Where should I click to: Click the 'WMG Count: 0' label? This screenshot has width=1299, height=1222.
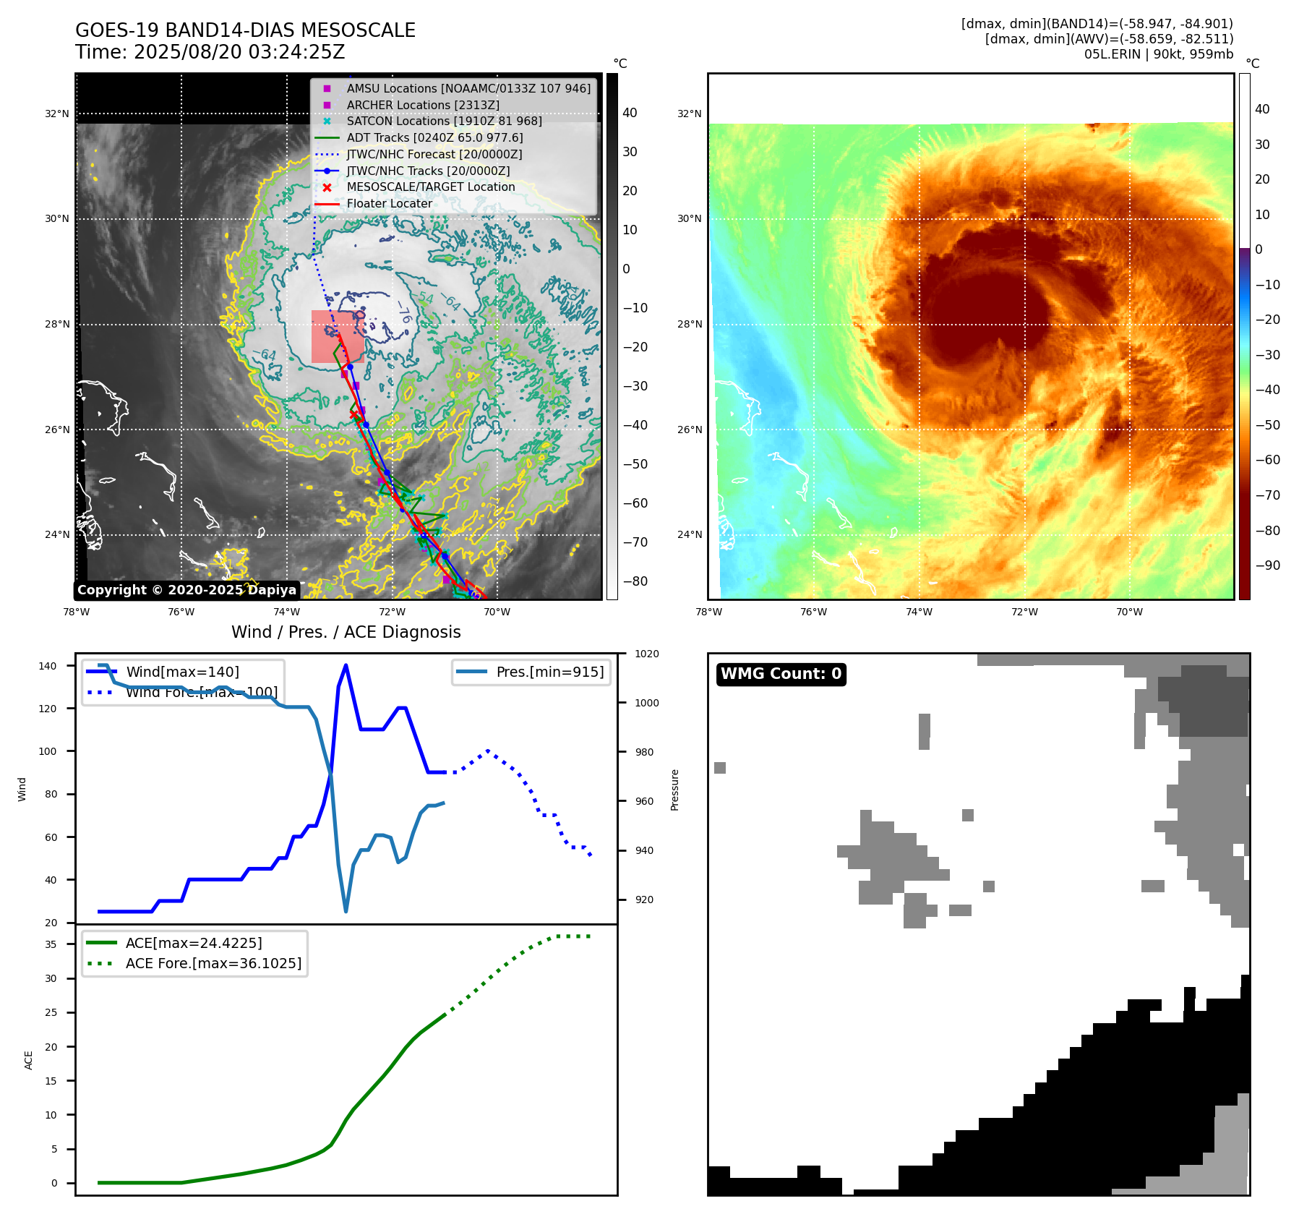click(781, 674)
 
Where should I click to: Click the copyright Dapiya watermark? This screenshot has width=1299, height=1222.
click(187, 590)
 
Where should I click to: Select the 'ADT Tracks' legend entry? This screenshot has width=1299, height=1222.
click(434, 137)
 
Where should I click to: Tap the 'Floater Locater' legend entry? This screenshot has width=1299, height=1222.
click(389, 204)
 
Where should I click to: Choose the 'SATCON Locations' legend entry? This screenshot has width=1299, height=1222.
click(443, 121)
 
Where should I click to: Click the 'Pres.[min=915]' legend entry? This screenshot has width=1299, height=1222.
click(549, 672)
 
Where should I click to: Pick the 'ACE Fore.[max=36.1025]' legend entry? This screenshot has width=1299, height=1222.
click(213, 963)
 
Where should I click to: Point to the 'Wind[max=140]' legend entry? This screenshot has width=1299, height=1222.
click(182, 672)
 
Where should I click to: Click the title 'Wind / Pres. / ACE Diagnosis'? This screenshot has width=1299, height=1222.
click(346, 632)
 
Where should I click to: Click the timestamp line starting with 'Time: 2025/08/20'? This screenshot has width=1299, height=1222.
click(210, 52)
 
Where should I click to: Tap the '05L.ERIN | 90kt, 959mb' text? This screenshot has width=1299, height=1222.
click(1158, 54)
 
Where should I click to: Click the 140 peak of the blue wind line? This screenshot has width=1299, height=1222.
click(346, 665)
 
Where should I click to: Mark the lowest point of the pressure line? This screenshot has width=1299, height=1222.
click(346, 911)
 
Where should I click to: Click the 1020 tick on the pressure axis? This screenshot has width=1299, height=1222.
click(646, 654)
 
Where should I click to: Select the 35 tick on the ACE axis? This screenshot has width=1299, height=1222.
click(51, 944)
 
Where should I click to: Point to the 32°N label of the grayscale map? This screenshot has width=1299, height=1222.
click(57, 114)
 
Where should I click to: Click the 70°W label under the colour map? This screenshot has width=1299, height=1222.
click(1129, 612)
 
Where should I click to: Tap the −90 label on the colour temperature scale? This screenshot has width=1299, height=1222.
click(1267, 565)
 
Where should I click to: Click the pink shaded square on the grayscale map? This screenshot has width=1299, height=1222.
click(337, 336)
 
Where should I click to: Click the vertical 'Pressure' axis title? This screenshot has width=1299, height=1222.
click(674, 790)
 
